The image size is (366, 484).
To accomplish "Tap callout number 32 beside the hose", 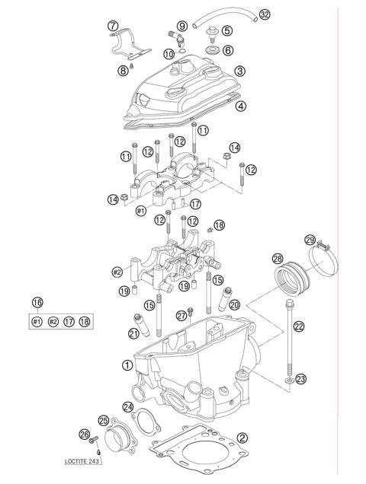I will (x=243, y=14).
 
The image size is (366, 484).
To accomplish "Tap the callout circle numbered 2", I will (x=242, y=437).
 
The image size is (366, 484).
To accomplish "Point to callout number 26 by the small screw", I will (x=85, y=435).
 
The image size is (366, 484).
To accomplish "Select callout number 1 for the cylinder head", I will (x=127, y=365).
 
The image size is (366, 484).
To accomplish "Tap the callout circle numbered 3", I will (x=239, y=71).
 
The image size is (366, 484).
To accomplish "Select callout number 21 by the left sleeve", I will (x=133, y=333).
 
